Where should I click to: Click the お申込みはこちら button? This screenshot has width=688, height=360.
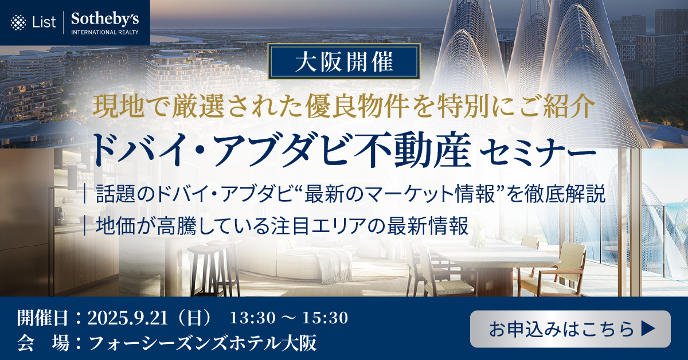tap(570, 328)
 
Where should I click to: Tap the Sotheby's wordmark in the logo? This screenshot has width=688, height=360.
tap(105, 19)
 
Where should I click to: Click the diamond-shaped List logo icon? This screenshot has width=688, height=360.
tap(18, 22)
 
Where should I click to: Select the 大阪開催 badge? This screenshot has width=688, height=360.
tap(344, 61)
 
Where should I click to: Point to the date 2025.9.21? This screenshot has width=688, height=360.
tap(127, 318)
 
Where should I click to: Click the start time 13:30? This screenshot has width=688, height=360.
tap(252, 318)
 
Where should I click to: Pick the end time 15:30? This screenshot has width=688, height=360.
tap(325, 318)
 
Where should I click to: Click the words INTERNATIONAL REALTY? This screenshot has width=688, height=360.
tap(105, 32)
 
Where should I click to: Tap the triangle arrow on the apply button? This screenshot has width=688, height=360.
tap(648, 329)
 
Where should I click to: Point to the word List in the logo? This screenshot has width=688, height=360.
tap(44, 22)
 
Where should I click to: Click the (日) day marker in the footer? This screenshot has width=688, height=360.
tap(195, 318)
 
